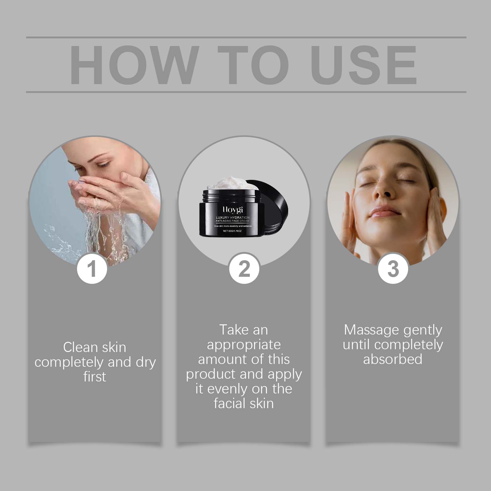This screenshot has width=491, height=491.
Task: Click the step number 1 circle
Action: (92, 268)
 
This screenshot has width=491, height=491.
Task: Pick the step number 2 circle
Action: (244, 268)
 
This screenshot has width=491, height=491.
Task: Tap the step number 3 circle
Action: (393, 268)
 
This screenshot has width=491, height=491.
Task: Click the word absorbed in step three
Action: (393, 359)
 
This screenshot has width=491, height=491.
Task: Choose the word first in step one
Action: (95, 377)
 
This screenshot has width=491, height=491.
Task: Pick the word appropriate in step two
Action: (244, 345)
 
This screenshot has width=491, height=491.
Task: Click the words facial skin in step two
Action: (244, 403)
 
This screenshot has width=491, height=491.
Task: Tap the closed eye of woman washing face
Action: (102, 165)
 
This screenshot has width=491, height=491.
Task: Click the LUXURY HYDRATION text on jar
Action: (232, 217)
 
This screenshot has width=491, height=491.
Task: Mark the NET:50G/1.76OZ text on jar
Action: (232, 231)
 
